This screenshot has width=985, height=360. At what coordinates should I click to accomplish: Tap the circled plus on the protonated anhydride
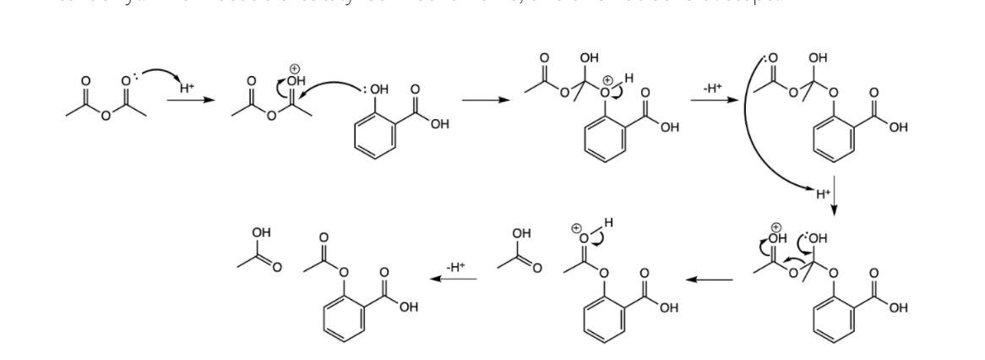tap(295, 68)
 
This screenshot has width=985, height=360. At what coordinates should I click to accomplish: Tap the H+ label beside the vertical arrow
tap(823, 194)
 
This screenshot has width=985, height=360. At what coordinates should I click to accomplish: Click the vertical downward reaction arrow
tap(835, 194)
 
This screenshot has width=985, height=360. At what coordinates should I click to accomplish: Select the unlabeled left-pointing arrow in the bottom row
tap(709, 279)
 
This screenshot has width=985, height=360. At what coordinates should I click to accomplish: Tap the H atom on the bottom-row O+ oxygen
tap(607, 222)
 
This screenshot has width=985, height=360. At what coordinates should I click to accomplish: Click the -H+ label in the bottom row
tap(455, 266)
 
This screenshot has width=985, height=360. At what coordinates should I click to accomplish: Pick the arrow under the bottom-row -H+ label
tap(456, 279)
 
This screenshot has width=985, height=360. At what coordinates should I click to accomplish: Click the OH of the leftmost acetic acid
tap(261, 232)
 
